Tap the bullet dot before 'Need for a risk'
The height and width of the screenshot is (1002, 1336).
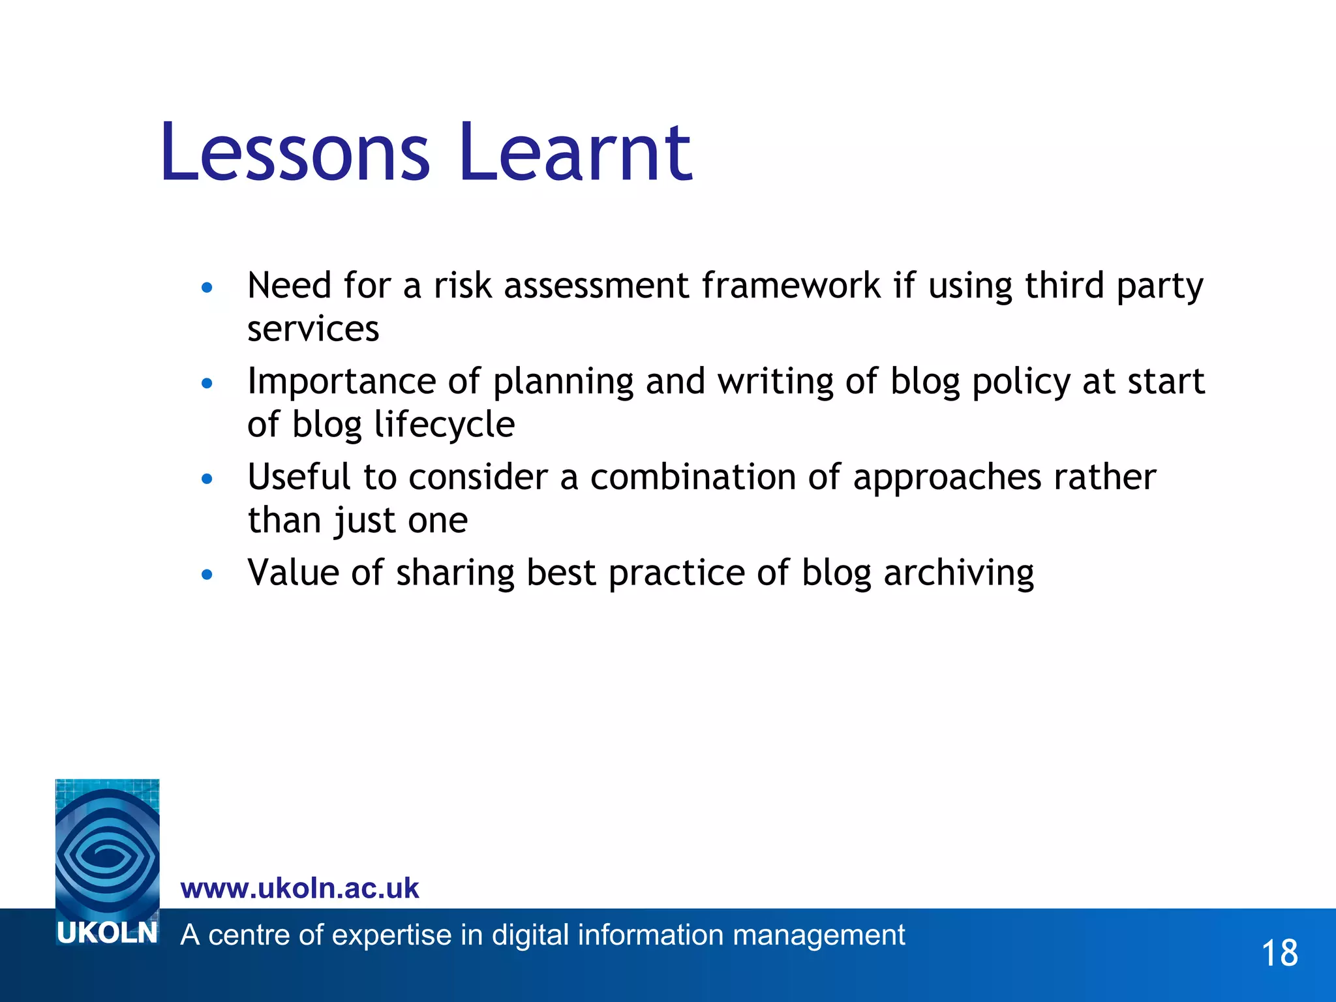coord(207,288)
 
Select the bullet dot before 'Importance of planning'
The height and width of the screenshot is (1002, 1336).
coord(207,384)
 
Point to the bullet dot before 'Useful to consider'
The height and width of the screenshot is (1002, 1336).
coord(207,479)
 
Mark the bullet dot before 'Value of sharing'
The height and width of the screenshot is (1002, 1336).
coord(207,575)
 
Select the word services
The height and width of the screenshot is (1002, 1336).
coord(313,329)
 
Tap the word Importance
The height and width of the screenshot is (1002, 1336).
coord(341,382)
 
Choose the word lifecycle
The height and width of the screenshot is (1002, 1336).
coord(444,425)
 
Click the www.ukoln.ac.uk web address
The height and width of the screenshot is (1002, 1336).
coord(299,888)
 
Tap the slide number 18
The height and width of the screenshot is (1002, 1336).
coord(1279,953)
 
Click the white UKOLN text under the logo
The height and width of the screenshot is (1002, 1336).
coord(108,934)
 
